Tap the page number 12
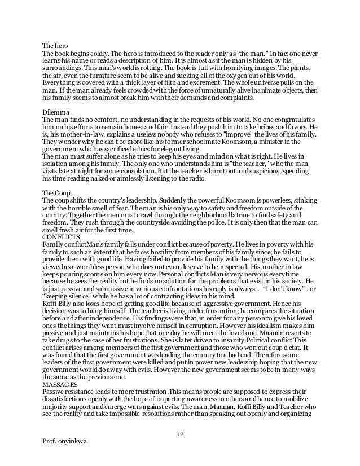[181, 433]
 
